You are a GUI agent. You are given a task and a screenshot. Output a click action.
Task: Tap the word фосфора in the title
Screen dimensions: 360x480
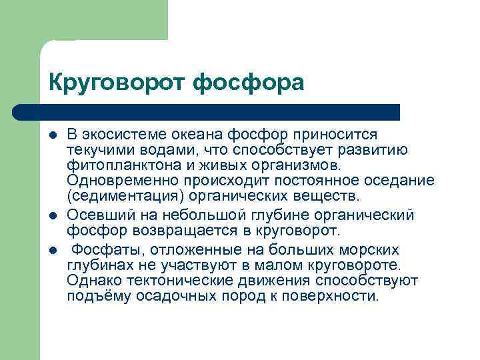coord(249,83)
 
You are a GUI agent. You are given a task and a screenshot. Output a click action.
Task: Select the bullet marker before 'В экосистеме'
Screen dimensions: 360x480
coord(53,135)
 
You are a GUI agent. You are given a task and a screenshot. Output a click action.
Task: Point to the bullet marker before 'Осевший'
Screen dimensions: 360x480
coord(53,216)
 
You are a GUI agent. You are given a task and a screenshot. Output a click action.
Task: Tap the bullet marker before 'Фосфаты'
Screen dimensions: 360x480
coord(53,251)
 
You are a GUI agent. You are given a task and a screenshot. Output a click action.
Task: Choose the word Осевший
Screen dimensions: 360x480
coord(95,215)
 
